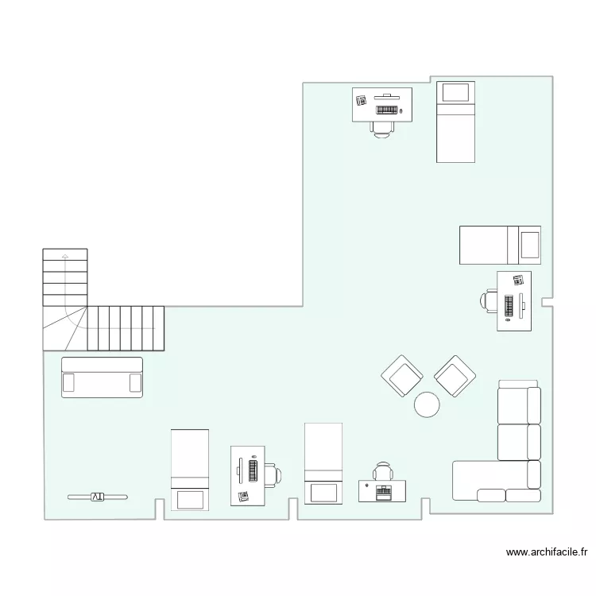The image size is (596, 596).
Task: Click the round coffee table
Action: (x=427, y=404)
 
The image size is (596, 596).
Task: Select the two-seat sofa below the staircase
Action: (x=102, y=377)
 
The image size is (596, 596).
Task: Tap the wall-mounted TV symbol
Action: (x=97, y=497)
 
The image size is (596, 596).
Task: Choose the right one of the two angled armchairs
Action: (x=455, y=375)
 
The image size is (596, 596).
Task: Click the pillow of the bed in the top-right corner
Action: (x=455, y=92)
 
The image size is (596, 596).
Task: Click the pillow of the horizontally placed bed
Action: (x=529, y=244)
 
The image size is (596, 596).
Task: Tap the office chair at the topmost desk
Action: (x=382, y=127)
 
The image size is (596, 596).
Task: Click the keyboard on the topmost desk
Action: (x=387, y=109)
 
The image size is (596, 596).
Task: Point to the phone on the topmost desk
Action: (x=361, y=100)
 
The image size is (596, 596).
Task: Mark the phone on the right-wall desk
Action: (x=518, y=280)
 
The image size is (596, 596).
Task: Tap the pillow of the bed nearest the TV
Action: (x=190, y=499)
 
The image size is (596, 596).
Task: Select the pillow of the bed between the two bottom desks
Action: (x=323, y=491)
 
